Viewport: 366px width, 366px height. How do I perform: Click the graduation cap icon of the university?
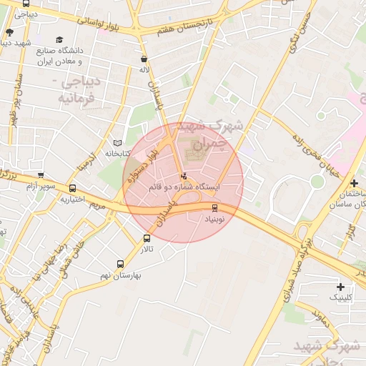(60, 40)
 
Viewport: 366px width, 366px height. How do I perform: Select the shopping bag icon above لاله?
(145, 59)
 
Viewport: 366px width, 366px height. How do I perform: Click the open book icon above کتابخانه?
(118, 143)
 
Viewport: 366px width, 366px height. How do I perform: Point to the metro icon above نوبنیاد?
(214, 208)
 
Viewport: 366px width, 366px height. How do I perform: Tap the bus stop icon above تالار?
(147, 238)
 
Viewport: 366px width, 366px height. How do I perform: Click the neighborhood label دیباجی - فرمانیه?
(79, 89)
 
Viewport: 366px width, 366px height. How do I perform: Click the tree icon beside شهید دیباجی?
(9, 32)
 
